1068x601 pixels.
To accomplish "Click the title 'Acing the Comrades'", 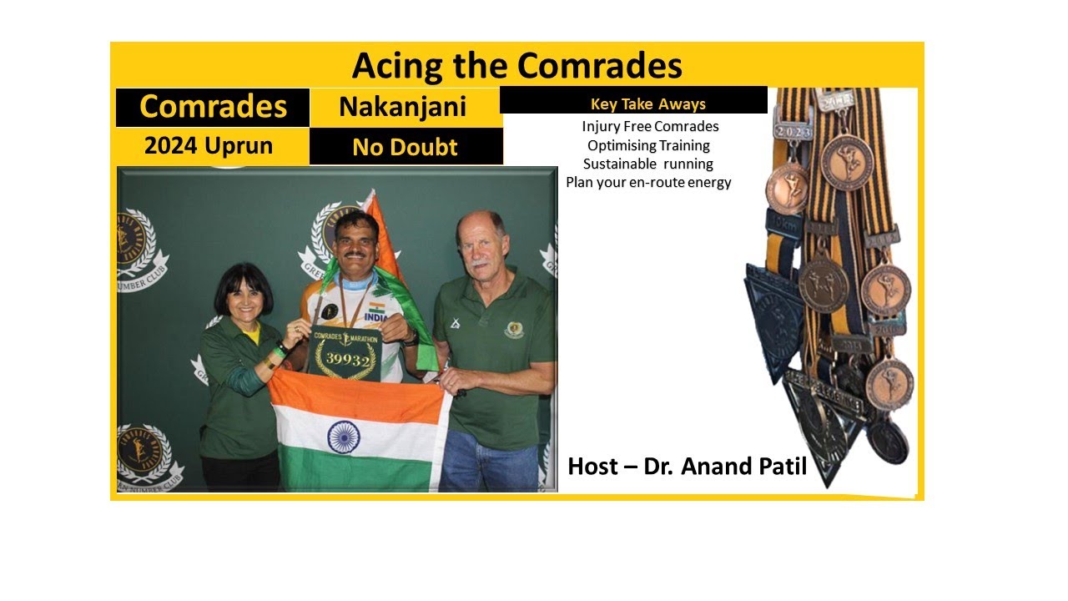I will [516, 65].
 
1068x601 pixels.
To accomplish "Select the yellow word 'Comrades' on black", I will [213, 107].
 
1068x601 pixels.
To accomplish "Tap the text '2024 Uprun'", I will [209, 146].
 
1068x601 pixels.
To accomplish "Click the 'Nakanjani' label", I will [402, 108].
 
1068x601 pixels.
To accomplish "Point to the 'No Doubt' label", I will [405, 148].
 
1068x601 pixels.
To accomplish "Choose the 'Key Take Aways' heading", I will [647, 104].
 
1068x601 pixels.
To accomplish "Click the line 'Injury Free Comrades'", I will [650, 127].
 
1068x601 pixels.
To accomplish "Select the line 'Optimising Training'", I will [648, 145].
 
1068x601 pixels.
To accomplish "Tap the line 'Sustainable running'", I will [648, 164].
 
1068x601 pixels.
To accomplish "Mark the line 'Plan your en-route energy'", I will [648, 182].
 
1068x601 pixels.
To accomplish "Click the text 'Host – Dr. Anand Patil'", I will [687, 466].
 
